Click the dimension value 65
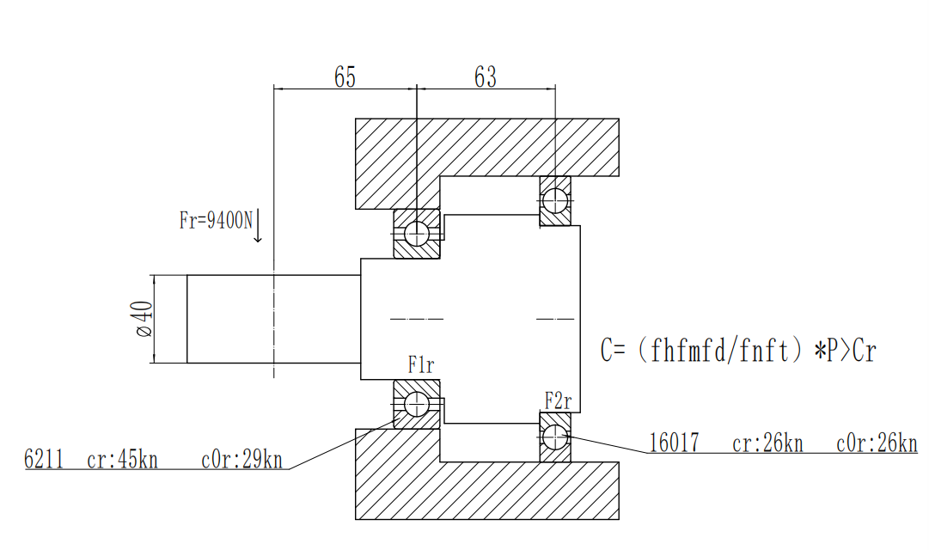(345, 77)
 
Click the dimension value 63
(486, 77)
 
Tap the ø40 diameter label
(144, 319)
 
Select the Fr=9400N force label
(216, 221)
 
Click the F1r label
(420, 365)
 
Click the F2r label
(558, 401)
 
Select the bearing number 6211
(43, 459)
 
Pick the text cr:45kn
(122, 460)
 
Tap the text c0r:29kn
(241, 460)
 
